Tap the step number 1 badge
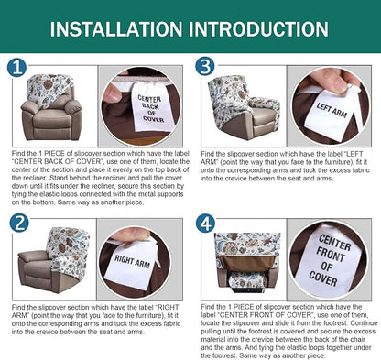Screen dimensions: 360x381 point(18,68)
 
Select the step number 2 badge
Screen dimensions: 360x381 point(18,222)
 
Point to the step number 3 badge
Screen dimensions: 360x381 point(205,68)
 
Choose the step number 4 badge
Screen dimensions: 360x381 point(205,222)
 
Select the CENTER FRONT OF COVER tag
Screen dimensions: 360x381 point(332,260)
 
